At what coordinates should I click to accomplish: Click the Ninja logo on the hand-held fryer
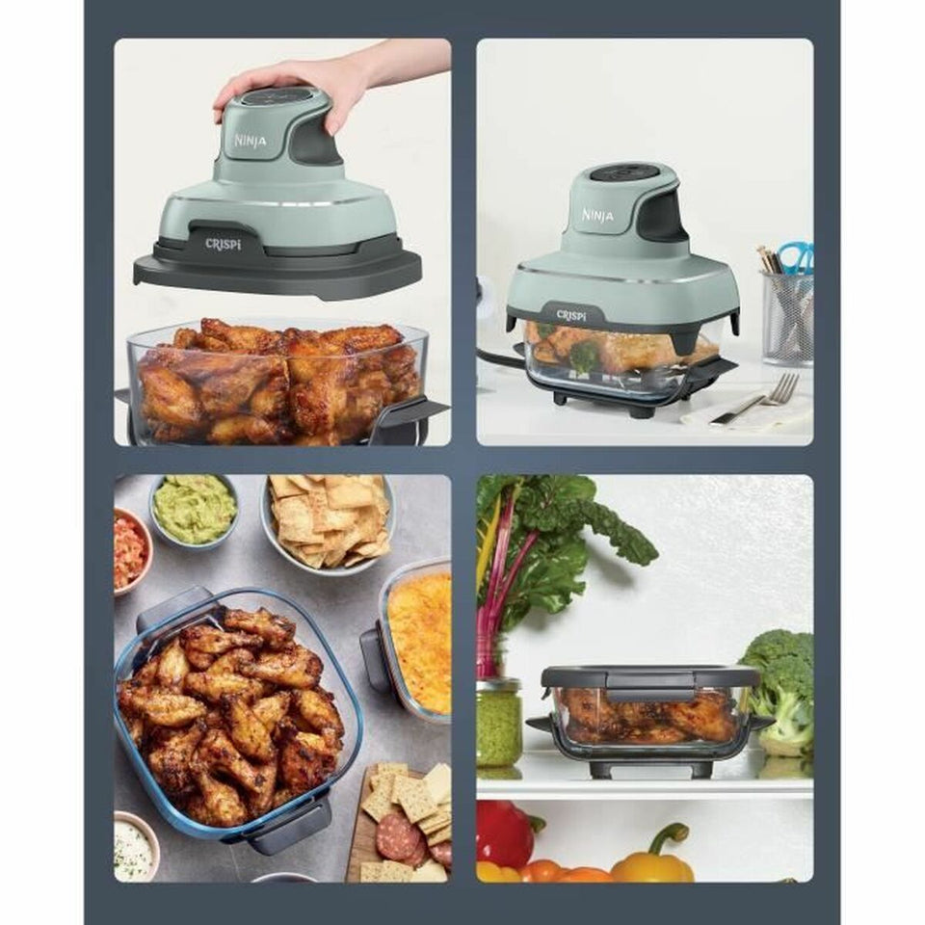coord(251,141)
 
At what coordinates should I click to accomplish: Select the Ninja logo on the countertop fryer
coord(597,214)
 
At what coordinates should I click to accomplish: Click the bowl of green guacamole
coord(193,509)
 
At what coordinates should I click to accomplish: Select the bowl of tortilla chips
coord(328,520)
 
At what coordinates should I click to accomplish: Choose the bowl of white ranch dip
coord(135,848)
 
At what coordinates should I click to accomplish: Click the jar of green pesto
coord(498,724)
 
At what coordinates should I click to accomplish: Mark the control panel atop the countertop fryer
coord(624,173)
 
